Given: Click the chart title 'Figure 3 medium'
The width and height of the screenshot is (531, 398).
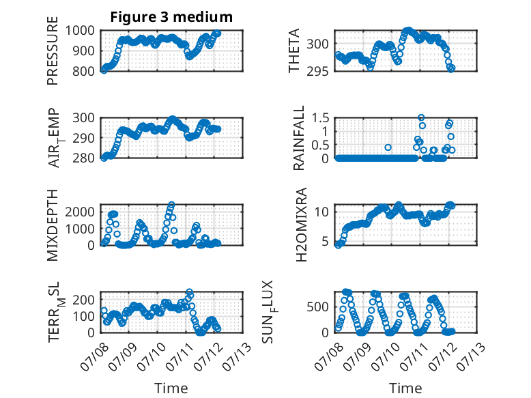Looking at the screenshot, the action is [x=171, y=17].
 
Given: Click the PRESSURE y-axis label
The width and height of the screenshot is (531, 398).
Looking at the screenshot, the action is [x=53, y=51].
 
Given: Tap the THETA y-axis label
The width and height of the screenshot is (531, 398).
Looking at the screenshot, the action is [x=294, y=51].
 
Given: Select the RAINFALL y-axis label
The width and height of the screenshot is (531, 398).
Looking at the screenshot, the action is [x=299, y=138].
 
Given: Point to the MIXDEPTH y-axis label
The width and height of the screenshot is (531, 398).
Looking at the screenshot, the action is [x=53, y=225].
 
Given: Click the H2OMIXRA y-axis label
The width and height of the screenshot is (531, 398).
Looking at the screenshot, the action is [x=301, y=225].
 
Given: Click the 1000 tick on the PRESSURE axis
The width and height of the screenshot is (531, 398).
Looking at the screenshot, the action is [x=80, y=31].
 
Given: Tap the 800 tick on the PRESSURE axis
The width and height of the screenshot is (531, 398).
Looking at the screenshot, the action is [x=84, y=71].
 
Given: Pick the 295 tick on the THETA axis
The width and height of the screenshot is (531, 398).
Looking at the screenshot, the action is [x=317, y=71].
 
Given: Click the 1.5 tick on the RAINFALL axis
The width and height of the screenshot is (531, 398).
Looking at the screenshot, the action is [x=320, y=118].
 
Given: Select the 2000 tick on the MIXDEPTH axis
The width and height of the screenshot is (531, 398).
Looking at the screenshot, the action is [x=80, y=212].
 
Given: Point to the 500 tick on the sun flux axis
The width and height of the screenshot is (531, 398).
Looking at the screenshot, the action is [x=317, y=307].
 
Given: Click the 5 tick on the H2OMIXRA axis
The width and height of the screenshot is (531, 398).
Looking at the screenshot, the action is [x=325, y=241].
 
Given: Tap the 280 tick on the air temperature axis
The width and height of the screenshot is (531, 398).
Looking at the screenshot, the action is [x=84, y=158].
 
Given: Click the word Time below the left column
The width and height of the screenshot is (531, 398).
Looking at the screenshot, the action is [x=171, y=388].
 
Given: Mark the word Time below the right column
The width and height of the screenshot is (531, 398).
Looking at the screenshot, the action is [x=405, y=388].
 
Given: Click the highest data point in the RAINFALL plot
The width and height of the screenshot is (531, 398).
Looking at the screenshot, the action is [x=421, y=117].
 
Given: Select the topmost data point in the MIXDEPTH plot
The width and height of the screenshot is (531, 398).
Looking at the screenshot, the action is [x=172, y=205].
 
